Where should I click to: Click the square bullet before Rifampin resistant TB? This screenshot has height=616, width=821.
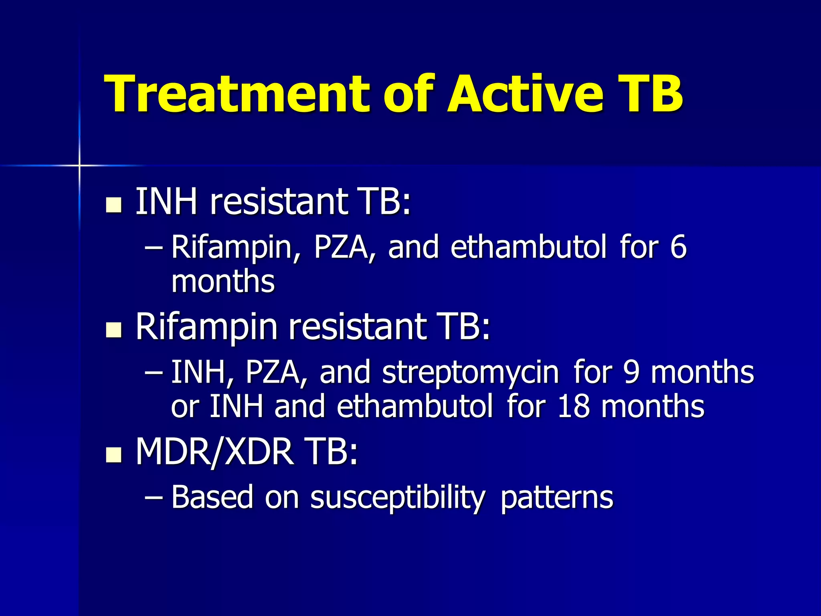point(113,330)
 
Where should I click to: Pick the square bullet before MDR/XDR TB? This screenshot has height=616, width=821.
point(113,455)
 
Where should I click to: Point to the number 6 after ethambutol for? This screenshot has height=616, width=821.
point(678,247)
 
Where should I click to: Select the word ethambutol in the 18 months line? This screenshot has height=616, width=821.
point(415,406)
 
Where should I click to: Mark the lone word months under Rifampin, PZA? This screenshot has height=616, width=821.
point(223,282)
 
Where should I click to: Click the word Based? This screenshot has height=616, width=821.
point(212,497)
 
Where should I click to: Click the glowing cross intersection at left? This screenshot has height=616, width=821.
point(79,165)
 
